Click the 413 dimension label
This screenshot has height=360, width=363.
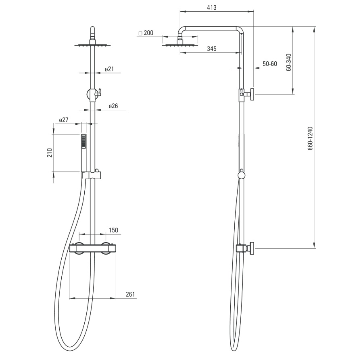pos(212,8)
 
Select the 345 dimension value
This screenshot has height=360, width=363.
pos(212,49)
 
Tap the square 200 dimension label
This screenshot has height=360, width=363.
pos(146,33)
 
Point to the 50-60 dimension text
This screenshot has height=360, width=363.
pos(270,64)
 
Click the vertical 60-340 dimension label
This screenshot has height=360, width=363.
pos(289,62)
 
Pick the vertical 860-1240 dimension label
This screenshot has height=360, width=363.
pos(310,138)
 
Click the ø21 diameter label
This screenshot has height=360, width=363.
pos(109,69)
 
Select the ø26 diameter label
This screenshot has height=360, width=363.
pos(113,106)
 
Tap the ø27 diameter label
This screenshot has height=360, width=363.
pos(64,120)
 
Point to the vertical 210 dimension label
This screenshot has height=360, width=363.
pos(50,153)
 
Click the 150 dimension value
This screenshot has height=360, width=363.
pos(113,230)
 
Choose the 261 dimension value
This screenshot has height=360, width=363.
pos(130,294)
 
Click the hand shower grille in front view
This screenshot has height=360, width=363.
pos(83,142)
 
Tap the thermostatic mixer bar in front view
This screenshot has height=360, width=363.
pos(93,249)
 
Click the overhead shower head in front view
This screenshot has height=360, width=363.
pos(92,45)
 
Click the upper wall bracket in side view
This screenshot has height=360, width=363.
pos(247,94)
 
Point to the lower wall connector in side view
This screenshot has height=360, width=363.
pos(245,249)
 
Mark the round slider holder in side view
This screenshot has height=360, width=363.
pos(242,175)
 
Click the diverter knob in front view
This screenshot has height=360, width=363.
pos(93,94)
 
